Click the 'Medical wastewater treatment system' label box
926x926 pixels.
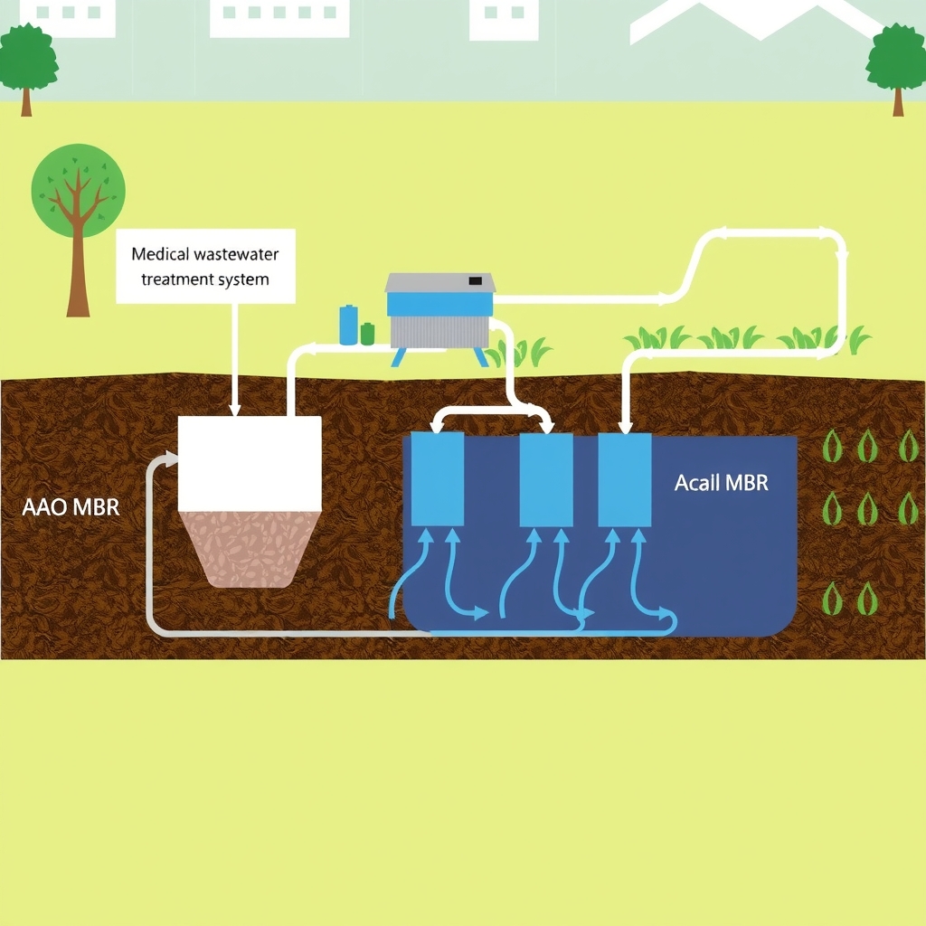tap(205, 266)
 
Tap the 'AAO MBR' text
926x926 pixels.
tap(70, 506)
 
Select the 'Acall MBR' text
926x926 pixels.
tap(721, 483)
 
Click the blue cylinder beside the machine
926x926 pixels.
tap(348, 325)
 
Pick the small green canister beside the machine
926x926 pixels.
tap(367, 333)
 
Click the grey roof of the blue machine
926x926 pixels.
tap(440, 282)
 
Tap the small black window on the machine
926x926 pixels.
tap(475, 281)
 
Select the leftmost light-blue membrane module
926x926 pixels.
tap(438, 477)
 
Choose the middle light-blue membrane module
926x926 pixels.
tap(546, 477)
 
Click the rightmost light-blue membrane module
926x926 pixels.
tap(625, 477)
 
